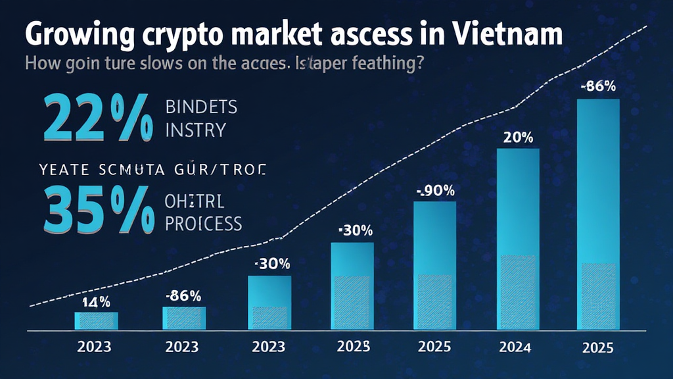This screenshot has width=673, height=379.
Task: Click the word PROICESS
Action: click(x=204, y=224)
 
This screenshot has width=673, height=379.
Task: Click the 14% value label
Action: click(x=95, y=302)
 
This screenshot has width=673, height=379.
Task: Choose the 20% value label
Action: click(x=518, y=138)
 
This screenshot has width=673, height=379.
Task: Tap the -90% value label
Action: click(x=434, y=191)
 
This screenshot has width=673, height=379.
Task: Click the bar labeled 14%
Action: click(x=96, y=320)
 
